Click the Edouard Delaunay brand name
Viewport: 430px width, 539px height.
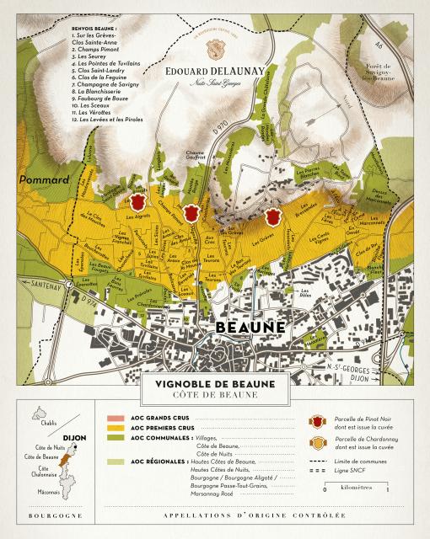tap(215, 72)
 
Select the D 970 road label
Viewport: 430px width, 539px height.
tap(221, 130)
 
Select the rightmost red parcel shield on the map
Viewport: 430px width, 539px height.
tap(271, 217)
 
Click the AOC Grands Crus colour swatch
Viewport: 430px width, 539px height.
tap(115, 419)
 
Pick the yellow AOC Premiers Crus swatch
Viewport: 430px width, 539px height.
tap(115, 429)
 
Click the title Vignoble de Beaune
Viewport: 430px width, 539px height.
tap(216, 382)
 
